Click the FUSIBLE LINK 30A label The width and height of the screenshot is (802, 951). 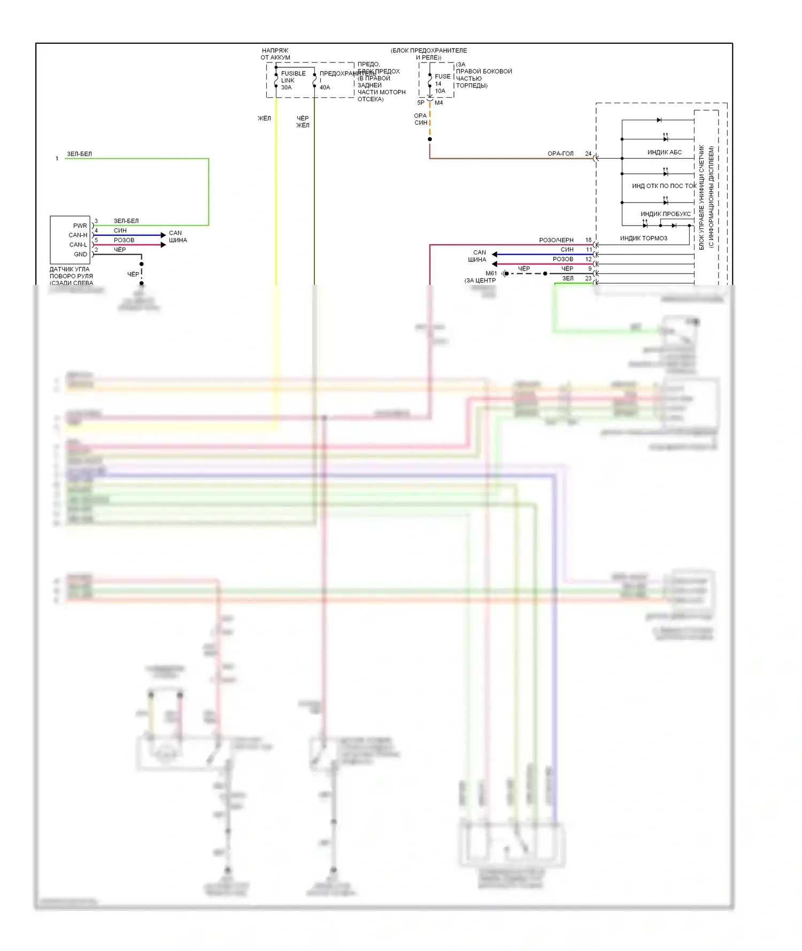point(293,80)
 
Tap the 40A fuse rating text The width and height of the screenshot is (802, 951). point(325,88)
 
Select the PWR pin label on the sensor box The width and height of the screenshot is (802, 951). point(80,226)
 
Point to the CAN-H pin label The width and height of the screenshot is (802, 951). point(78,235)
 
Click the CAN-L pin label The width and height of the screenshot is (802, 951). point(78,245)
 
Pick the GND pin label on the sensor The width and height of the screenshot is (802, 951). point(80,254)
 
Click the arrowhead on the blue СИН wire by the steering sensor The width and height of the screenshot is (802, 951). point(163,235)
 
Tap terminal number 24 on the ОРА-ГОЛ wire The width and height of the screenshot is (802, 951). point(588,154)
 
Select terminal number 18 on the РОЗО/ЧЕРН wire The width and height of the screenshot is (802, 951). point(588,240)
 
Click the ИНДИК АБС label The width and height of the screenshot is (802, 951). point(665,152)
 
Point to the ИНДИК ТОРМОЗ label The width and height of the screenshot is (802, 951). point(643,238)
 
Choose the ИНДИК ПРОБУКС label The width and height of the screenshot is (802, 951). point(666,214)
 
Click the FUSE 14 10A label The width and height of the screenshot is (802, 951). point(441,83)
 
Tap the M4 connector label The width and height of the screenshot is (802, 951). point(438,103)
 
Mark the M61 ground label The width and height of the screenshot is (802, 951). point(491,274)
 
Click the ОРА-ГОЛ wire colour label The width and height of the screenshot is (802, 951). point(560,154)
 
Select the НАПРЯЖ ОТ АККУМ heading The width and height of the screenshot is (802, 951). point(275,54)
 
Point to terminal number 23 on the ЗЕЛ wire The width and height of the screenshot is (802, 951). point(588,279)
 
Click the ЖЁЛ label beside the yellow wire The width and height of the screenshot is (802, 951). point(264,119)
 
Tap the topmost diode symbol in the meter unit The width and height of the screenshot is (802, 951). point(659,120)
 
